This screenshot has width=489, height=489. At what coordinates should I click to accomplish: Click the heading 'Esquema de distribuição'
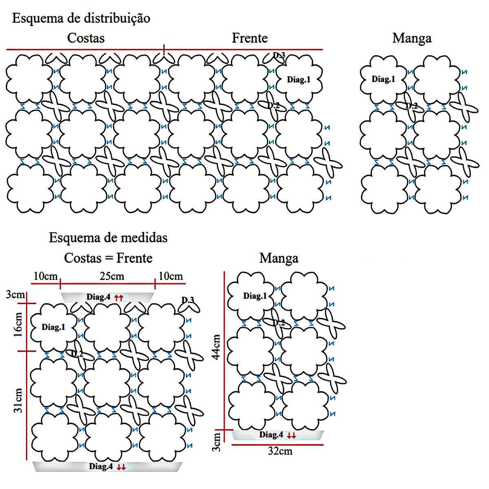click(81, 18)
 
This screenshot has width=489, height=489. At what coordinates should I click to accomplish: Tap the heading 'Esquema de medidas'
click(108, 238)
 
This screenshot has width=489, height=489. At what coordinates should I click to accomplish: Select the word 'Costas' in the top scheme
click(86, 38)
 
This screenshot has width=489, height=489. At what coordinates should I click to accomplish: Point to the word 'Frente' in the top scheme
click(249, 38)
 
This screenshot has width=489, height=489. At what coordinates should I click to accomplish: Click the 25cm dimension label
click(112, 276)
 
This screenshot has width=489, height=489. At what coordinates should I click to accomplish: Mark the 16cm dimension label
click(18, 325)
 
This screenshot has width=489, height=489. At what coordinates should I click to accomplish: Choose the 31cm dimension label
click(18, 400)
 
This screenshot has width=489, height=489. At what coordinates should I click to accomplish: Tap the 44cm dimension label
click(216, 346)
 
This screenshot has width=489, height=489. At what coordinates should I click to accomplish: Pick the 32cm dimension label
click(280, 451)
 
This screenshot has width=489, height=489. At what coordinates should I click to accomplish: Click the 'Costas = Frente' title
click(108, 258)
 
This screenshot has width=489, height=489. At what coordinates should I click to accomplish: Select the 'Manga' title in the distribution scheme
click(412, 38)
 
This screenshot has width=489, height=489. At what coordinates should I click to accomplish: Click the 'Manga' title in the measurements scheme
click(279, 258)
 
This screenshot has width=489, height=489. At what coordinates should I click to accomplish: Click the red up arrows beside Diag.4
click(119, 298)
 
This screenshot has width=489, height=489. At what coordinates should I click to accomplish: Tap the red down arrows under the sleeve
click(291, 436)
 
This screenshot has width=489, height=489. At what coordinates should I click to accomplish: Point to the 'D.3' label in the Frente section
click(279, 55)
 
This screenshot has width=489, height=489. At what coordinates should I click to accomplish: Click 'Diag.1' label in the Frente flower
click(299, 79)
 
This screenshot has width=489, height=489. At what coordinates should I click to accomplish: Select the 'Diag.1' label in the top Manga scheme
click(383, 79)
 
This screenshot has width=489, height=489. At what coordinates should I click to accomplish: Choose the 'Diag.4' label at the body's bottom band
click(100, 467)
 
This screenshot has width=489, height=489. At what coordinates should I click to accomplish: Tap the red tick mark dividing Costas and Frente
click(164, 50)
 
